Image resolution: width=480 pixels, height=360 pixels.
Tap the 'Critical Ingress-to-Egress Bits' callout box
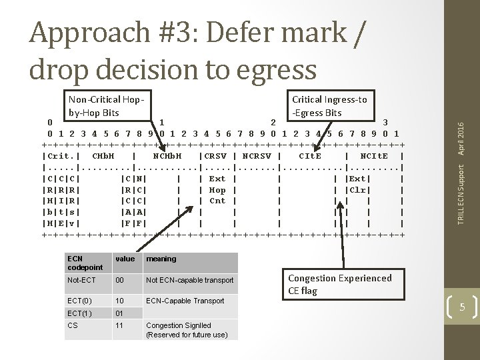(329, 106)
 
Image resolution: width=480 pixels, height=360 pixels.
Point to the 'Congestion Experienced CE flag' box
(339, 285)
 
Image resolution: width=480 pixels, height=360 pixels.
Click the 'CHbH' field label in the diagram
(103, 156)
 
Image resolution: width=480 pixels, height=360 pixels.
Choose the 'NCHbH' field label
(167, 156)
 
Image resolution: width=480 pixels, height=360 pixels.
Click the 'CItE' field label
(310, 156)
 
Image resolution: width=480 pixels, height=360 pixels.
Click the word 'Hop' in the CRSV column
(217, 190)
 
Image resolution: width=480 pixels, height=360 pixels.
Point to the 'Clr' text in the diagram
(357, 190)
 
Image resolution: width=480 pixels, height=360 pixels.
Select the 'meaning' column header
(161, 259)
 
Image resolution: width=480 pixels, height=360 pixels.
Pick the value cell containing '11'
(120, 325)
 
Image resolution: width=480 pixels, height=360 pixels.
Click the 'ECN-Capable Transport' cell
(185, 301)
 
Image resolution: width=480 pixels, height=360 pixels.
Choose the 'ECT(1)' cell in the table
(79, 313)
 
